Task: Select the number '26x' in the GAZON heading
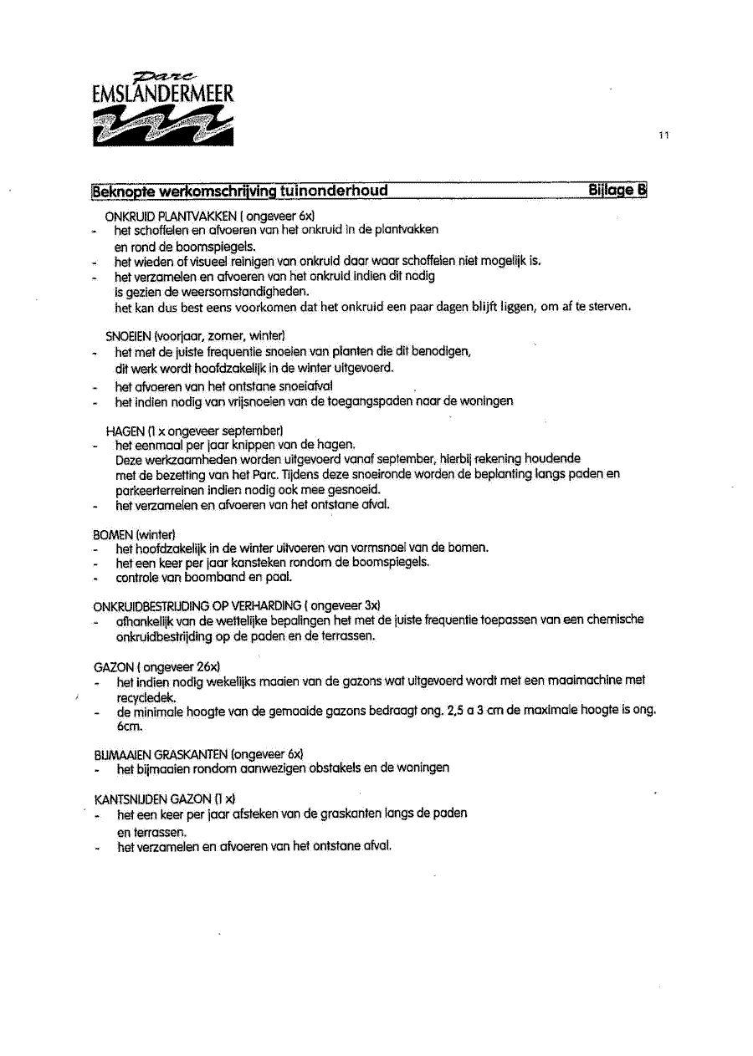click(207, 666)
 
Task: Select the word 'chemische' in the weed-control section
click(615, 620)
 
